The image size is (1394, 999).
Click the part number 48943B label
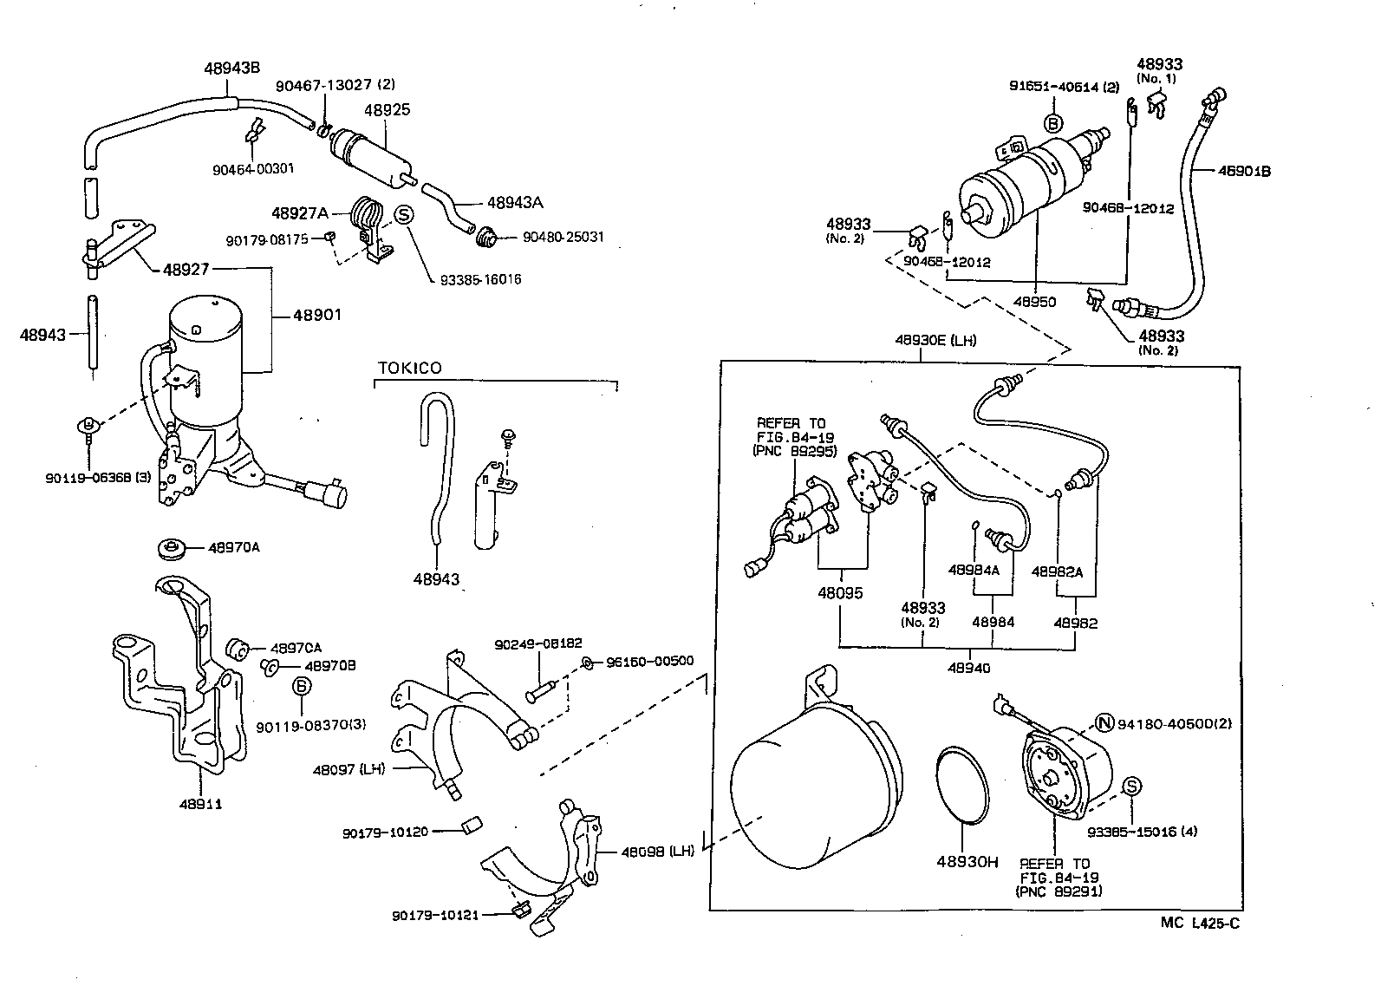tap(232, 69)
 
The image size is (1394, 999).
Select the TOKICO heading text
tap(409, 368)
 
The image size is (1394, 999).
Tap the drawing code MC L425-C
tap(1200, 923)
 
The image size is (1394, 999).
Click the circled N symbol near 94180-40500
tap(1104, 723)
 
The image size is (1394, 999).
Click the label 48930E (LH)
tap(935, 340)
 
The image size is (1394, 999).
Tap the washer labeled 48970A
tap(173, 549)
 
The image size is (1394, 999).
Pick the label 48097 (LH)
tap(348, 768)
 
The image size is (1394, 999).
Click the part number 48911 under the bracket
tap(201, 804)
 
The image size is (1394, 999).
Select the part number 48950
tap(1035, 302)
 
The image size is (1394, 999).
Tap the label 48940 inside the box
tap(969, 668)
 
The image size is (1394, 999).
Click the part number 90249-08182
tap(538, 644)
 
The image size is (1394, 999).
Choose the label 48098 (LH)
tap(657, 851)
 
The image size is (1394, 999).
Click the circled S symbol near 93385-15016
tap(1131, 786)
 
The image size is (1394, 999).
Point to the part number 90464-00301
tap(253, 169)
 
